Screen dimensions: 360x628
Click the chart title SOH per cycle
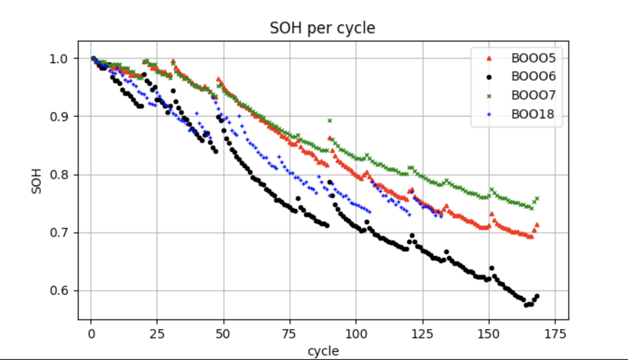(322, 28)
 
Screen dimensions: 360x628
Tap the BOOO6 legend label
(533, 77)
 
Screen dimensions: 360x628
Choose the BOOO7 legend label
(533, 95)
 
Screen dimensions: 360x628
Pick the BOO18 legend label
(533, 114)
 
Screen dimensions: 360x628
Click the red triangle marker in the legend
(488, 58)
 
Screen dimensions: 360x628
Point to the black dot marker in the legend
(488, 77)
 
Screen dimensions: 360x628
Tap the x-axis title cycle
(323, 351)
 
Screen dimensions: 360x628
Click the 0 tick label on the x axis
(91, 333)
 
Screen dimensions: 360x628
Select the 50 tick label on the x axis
(224, 333)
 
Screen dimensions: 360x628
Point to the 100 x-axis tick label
(356, 333)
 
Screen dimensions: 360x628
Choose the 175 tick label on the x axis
(555, 333)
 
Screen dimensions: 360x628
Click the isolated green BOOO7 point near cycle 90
(330, 121)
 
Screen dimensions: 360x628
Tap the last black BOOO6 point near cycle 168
(537, 296)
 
